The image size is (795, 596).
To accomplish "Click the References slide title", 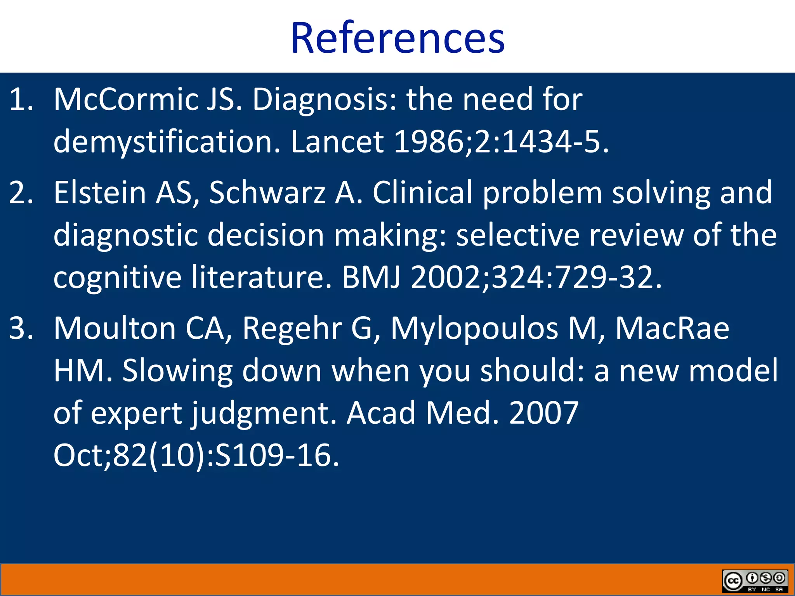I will [x=397, y=38].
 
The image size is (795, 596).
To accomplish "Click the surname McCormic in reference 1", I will [x=125, y=99].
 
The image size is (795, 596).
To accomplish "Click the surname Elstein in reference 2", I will [x=99, y=192].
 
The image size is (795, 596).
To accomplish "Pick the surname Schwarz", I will [x=267, y=192].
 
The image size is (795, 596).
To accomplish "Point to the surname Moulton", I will [x=115, y=328].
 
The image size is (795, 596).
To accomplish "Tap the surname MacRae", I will [x=672, y=328].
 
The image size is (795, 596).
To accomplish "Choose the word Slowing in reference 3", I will [x=177, y=371].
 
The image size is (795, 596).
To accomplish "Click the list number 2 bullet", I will [x=20, y=192].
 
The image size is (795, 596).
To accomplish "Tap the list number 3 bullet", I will [x=20, y=328].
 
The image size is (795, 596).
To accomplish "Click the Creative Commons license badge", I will [x=755, y=580].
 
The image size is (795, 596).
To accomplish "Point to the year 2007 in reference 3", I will [x=543, y=413].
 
